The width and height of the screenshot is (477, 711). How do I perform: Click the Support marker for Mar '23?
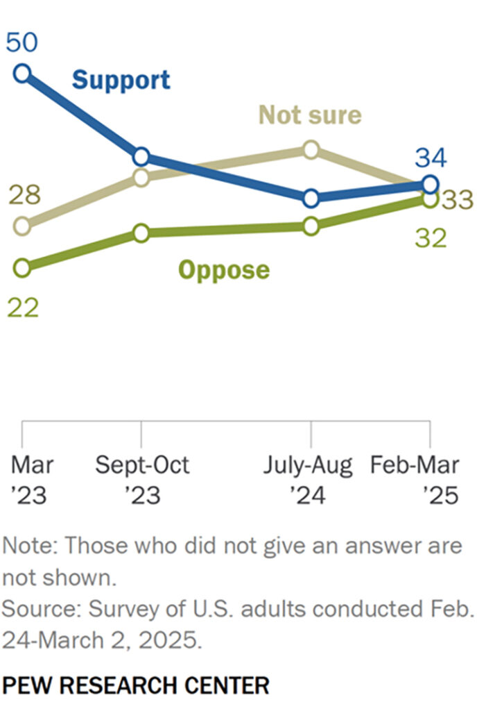(22, 72)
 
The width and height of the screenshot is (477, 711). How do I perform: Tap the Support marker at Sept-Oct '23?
(141, 156)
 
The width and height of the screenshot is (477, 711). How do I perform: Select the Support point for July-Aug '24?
(311, 198)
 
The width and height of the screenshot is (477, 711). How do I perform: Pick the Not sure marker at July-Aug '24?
(311, 149)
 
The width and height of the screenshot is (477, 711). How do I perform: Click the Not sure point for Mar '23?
(22, 226)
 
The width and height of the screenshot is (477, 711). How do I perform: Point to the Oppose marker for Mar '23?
(22, 267)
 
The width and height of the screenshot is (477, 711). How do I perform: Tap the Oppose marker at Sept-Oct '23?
(141, 233)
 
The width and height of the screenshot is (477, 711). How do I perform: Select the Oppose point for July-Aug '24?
(311, 226)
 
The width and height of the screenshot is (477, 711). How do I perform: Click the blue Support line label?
(121, 80)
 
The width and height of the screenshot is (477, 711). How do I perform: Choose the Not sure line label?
(310, 115)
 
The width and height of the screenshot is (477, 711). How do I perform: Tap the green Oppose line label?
(224, 269)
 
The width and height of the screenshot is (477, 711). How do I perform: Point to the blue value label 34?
(431, 158)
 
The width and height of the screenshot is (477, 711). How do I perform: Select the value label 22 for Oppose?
(23, 307)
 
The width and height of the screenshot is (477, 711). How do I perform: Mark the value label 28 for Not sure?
(23, 196)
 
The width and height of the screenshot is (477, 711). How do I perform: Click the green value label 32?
(431, 238)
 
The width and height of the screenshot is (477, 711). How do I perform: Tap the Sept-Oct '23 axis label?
(142, 480)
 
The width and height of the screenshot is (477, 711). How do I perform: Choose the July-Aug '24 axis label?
(308, 480)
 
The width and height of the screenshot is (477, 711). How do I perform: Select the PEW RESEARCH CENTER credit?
(135, 686)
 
